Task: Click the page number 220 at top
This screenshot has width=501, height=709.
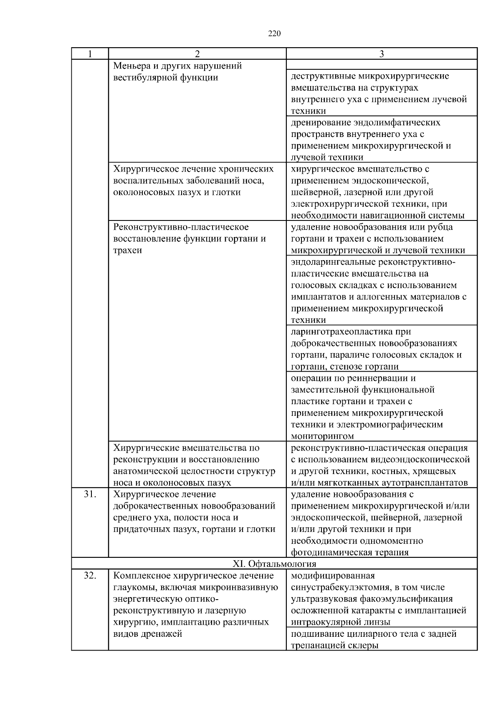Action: click(x=274, y=34)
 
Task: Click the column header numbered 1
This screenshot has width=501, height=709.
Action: click(x=90, y=54)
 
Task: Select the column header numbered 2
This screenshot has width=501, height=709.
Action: click(x=197, y=54)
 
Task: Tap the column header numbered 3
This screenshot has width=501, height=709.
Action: click(x=381, y=54)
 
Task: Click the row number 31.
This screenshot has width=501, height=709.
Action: click(x=90, y=494)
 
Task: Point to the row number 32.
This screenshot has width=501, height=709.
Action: click(x=90, y=576)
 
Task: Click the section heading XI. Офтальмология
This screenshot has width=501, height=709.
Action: click(x=274, y=564)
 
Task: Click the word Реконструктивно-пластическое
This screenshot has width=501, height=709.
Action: click(x=181, y=227)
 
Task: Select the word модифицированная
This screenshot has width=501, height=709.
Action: click(x=333, y=576)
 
